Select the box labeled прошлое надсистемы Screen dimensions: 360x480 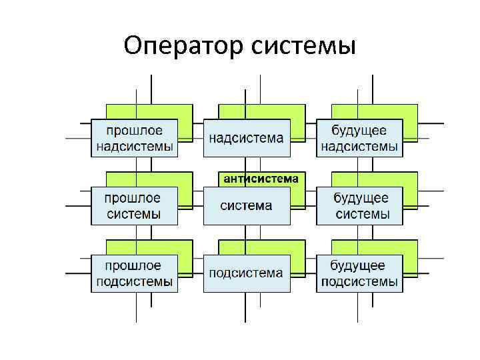pos(135,138)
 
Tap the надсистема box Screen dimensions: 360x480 pos(247,138)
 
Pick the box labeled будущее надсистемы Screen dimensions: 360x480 pos(359,138)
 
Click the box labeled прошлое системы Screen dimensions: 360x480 pos(135,205)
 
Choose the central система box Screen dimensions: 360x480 pos(247,205)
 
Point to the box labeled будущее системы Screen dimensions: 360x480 pos(359,205)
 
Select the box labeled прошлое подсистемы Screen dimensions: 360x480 pos(135,273)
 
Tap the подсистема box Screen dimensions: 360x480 pos(247,273)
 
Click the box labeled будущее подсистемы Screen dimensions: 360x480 pos(359,273)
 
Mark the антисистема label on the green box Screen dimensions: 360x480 pos(262,179)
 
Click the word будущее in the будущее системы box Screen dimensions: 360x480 pos(361,198)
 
